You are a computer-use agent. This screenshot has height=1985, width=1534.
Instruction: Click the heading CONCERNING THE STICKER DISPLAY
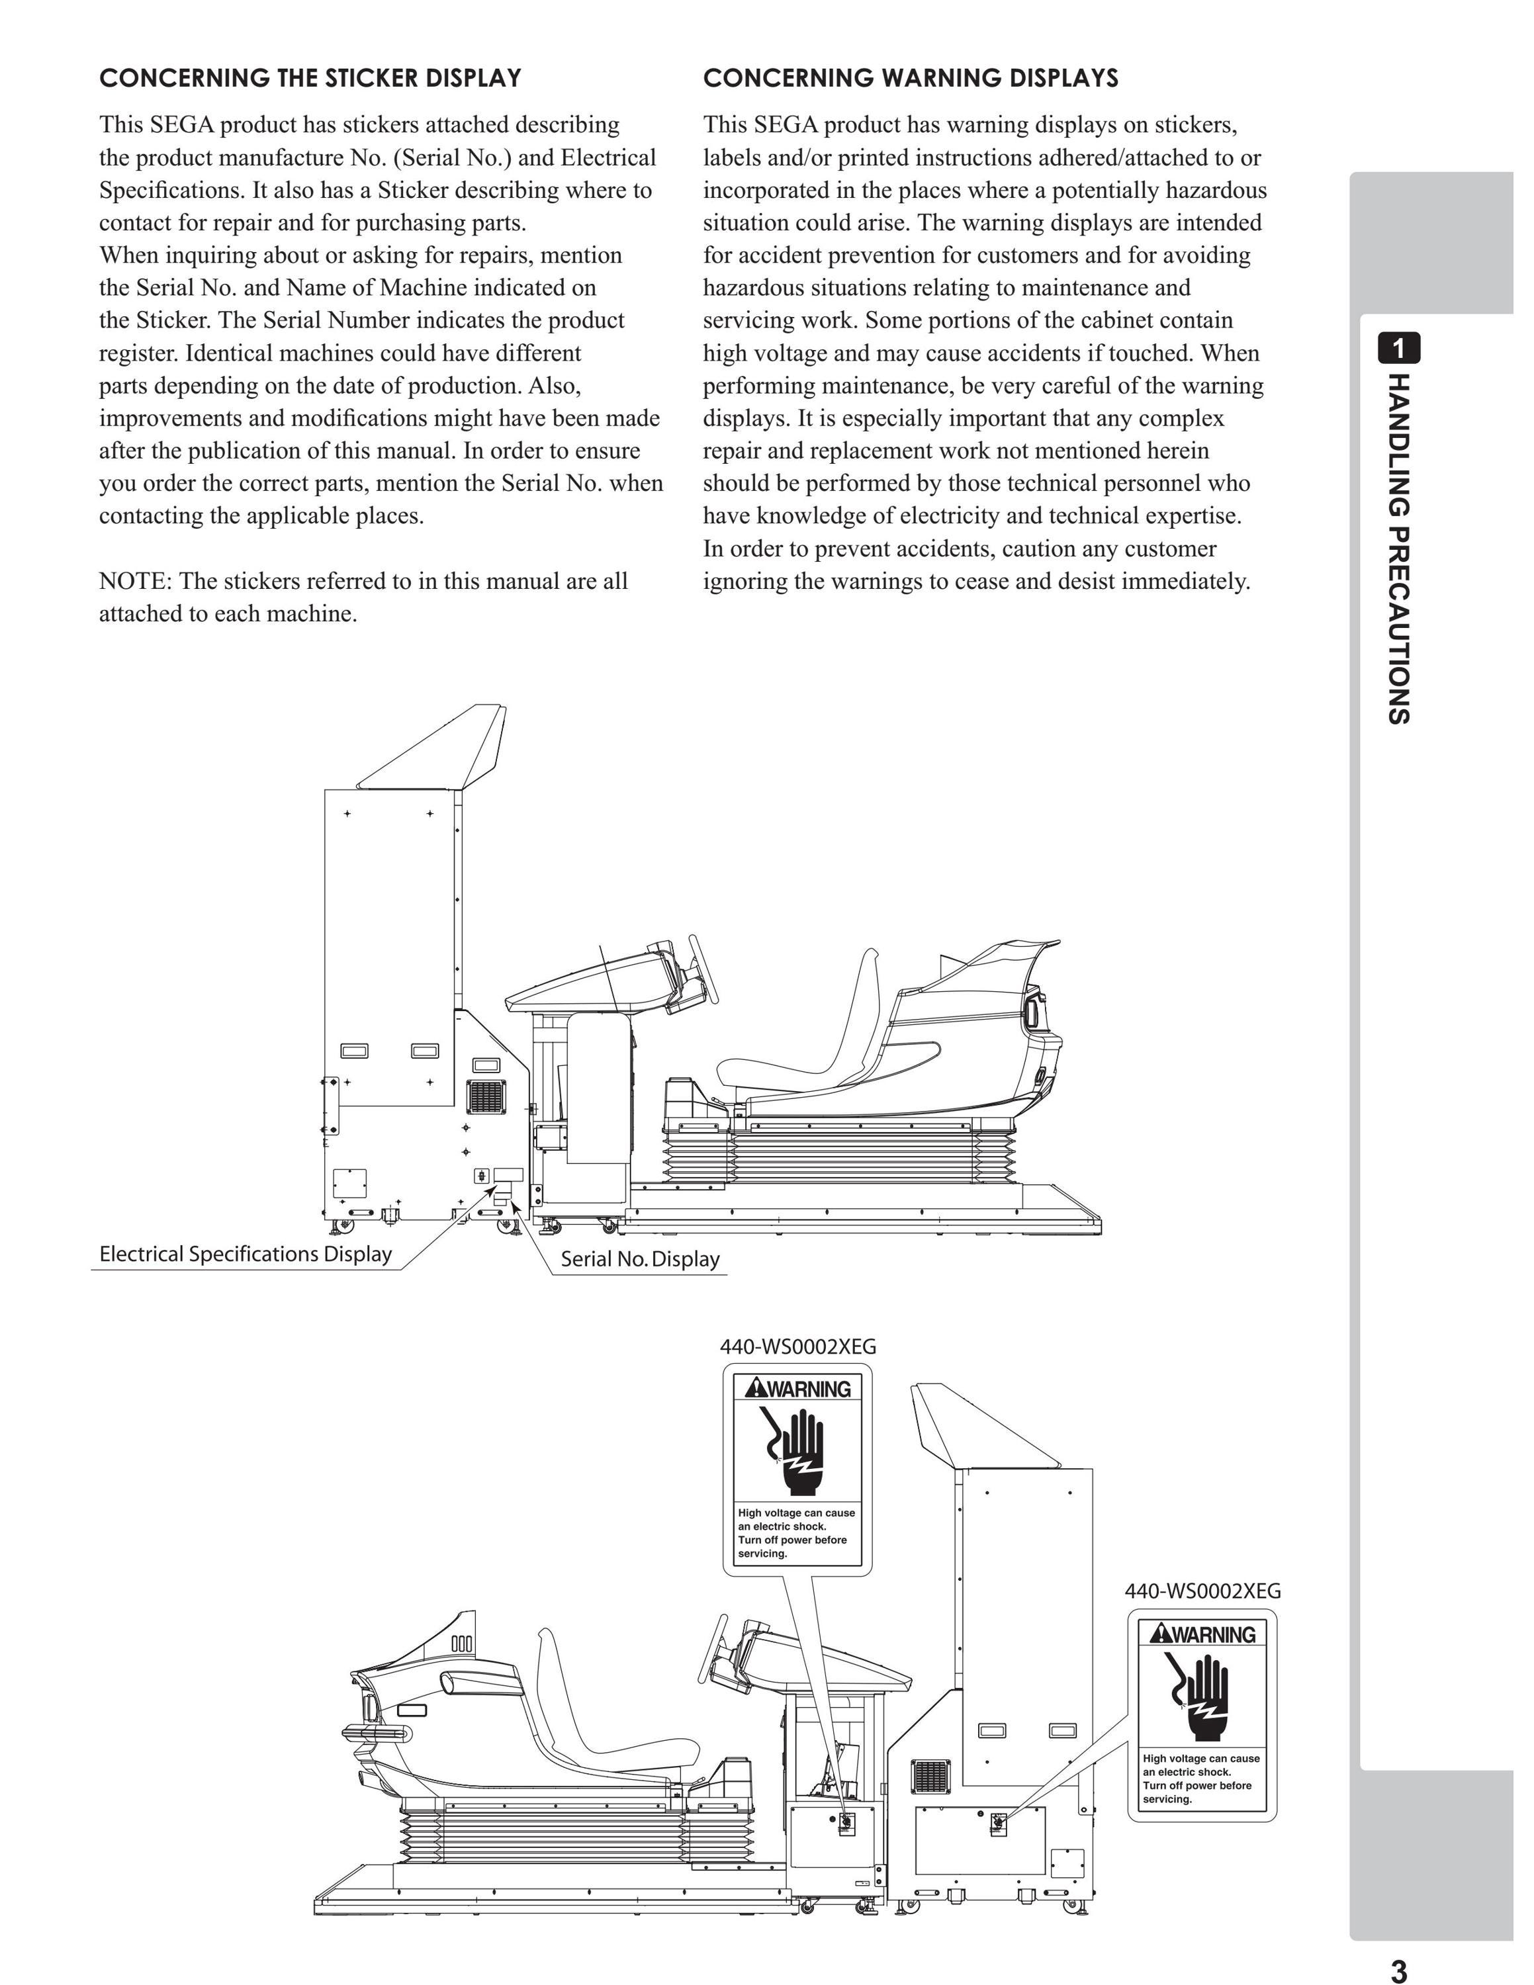(310, 78)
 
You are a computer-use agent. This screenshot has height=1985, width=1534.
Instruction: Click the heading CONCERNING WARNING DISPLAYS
(911, 78)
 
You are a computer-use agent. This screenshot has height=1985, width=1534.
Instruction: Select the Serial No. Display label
(640, 1258)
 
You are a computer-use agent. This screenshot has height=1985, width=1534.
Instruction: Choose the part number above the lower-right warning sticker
(1202, 1591)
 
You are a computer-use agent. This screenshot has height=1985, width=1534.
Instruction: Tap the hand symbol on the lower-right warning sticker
(1201, 1696)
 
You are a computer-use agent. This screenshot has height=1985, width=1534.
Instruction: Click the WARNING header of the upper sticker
(797, 1388)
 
